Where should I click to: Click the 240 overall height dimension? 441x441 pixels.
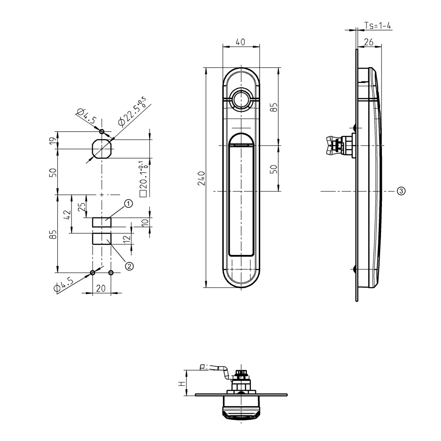(201, 178)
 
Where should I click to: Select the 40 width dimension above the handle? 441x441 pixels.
(241, 42)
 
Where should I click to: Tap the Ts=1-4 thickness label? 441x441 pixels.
(378, 26)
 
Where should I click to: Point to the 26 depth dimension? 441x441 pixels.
(370, 42)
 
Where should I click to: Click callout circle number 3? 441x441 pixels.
(400, 191)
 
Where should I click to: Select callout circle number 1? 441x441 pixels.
(128, 204)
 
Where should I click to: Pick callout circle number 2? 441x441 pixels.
(129, 265)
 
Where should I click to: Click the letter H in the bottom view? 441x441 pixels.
(180, 383)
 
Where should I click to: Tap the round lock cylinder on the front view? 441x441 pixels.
(241, 99)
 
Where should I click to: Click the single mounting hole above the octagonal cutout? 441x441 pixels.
(102, 131)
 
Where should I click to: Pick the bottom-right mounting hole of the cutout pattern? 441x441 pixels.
(111, 273)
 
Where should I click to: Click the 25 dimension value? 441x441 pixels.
(81, 207)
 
